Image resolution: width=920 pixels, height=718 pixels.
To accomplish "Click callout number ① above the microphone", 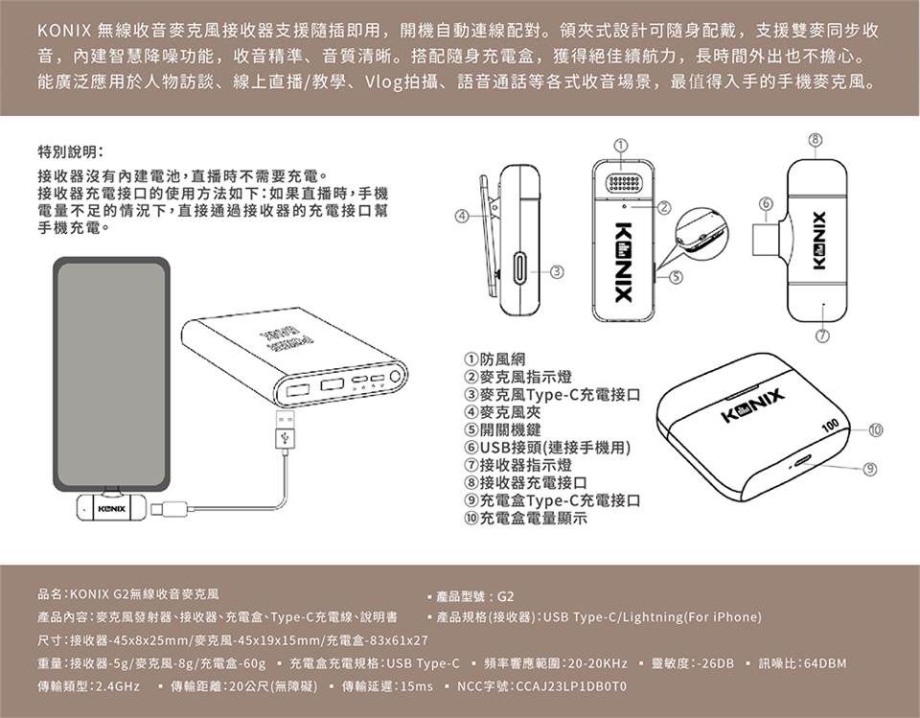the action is [x=622, y=145].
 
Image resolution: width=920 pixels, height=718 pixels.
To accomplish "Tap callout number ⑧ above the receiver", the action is [x=816, y=140].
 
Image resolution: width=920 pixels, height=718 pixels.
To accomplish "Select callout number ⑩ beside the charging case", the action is [x=875, y=430].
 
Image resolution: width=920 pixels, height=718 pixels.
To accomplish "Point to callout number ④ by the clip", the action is [x=462, y=216].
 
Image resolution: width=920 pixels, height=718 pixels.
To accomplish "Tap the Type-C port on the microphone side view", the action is [x=521, y=268].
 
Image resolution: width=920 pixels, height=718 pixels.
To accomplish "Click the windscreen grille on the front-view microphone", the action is [x=623, y=182].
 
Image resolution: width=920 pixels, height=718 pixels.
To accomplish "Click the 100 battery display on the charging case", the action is [x=831, y=425].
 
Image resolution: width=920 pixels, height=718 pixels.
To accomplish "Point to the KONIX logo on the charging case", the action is [x=753, y=405].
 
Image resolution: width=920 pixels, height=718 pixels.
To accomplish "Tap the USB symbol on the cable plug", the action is [x=286, y=437].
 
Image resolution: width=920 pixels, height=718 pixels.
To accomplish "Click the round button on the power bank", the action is [x=395, y=377].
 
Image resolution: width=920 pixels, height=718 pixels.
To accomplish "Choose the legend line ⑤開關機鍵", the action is [x=502, y=429].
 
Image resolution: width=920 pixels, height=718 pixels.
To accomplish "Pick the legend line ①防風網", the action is [x=494, y=359].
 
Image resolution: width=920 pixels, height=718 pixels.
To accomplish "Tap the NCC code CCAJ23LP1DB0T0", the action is [x=571, y=686].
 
